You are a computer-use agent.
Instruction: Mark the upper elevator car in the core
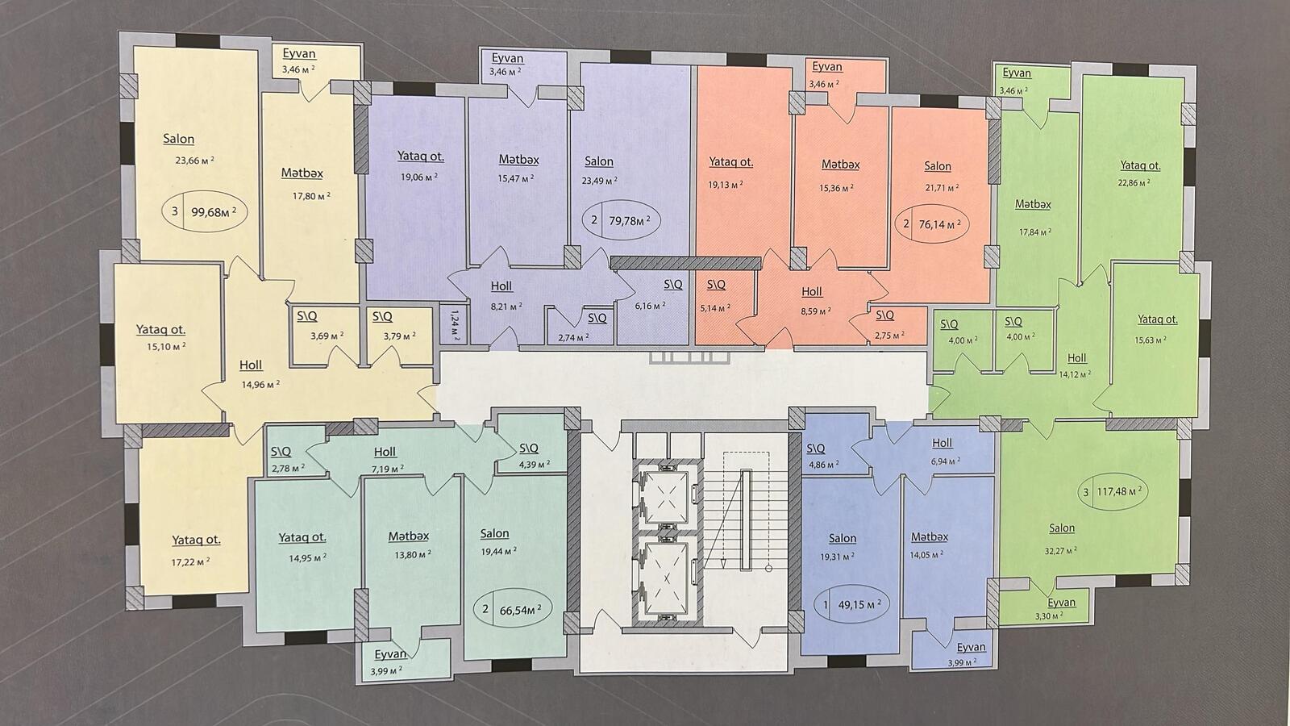(666, 497)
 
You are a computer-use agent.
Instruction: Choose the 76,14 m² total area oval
(932, 223)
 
